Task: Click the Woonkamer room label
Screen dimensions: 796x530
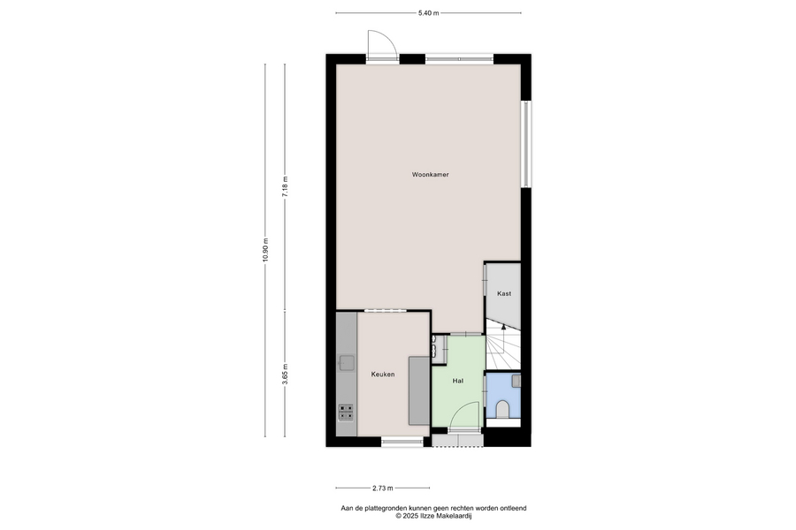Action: click(430, 175)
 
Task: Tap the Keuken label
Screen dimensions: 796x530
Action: click(383, 375)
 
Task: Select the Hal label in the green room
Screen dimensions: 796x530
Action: click(458, 381)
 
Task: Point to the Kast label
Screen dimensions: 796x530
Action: click(504, 293)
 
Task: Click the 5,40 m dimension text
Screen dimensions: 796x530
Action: click(428, 13)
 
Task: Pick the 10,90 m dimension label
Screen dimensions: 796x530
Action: click(265, 250)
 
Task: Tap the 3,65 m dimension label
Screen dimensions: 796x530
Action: click(285, 375)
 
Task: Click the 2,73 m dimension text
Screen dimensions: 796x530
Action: click(383, 488)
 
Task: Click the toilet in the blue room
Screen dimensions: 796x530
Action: click(501, 409)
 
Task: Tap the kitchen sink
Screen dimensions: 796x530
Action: click(348, 363)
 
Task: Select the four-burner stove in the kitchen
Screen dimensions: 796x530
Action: click(346, 412)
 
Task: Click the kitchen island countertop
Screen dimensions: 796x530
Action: click(419, 390)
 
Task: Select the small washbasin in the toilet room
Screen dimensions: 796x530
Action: click(516, 381)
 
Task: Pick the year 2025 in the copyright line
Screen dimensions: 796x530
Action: click(409, 516)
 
